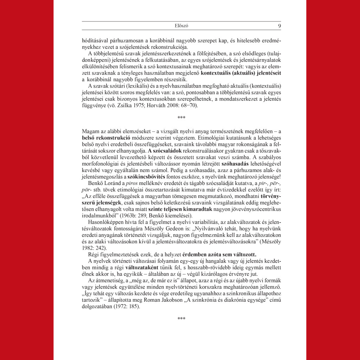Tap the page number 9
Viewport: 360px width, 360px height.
[x=279, y=26]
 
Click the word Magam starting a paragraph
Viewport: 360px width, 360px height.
[x=89, y=130]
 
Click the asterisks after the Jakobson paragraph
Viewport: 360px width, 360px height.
[x=181, y=319]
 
